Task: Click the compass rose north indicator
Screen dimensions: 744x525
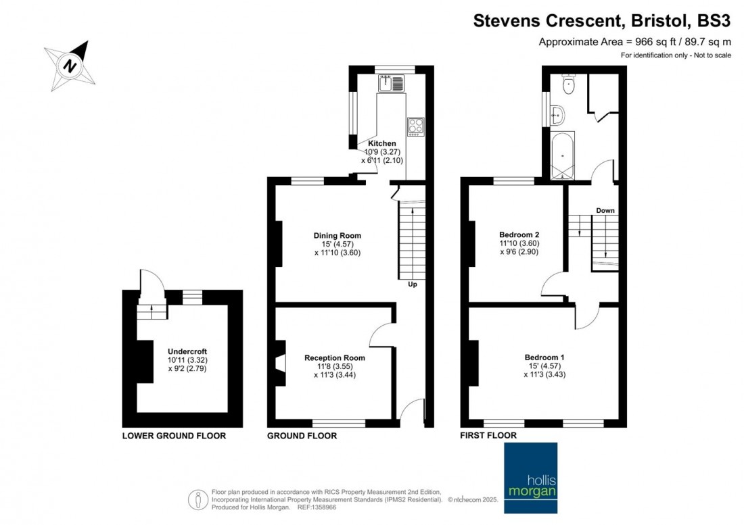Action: click(x=70, y=66)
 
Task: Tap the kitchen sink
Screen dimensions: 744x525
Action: click(x=391, y=83)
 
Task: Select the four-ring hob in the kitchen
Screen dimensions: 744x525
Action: click(x=416, y=127)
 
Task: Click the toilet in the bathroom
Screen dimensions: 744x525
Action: click(x=568, y=84)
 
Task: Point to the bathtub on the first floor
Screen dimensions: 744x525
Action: click(x=563, y=155)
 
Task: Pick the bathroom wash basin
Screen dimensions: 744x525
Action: click(x=557, y=114)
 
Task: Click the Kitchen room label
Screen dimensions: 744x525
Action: click(x=382, y=143)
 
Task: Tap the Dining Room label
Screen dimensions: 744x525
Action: click(x=338, y=236)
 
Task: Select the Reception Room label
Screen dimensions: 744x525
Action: click(x=335, y=357)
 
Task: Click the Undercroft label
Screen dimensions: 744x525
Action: click(x=187, y=351)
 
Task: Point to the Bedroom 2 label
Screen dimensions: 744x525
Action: click(x=519, y=234)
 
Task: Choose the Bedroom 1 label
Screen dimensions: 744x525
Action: click(x=544, y=357)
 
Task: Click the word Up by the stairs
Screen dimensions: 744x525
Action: click(x=413, y=284)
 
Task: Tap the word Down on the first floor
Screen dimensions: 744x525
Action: click(x=605, y=210)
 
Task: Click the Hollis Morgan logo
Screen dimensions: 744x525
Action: click(x=530, y=478)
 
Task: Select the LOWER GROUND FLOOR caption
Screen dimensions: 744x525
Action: click(x=174, y=436)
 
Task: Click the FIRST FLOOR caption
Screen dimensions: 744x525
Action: click(x=488, y=435)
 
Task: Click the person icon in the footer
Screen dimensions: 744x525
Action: click(x=198, y=500)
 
